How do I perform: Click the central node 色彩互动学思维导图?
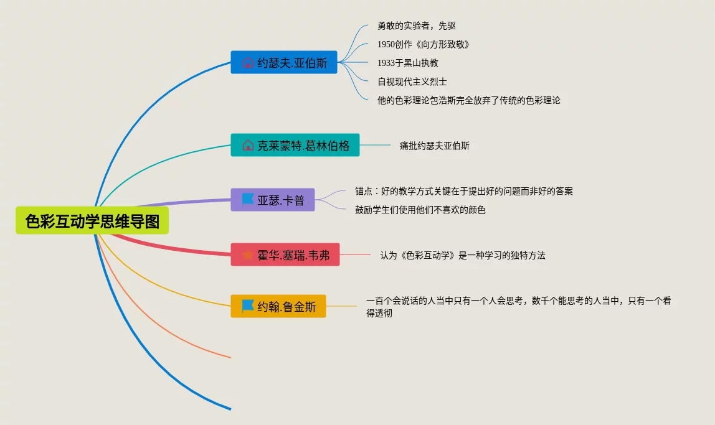92,222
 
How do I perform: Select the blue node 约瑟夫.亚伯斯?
284,62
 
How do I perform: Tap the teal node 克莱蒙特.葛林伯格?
295,145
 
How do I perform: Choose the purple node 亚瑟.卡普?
273,200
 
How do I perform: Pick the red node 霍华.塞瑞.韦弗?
285,255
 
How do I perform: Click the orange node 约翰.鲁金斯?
278,306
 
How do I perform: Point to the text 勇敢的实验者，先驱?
417,26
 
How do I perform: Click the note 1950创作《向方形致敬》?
424,44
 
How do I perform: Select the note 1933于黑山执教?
408,63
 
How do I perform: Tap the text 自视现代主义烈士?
412,82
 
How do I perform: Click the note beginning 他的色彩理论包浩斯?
468,100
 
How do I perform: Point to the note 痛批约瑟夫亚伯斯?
435,146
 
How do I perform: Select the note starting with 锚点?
464,191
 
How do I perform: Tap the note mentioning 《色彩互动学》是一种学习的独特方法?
463,255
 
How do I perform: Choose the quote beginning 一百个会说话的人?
518,307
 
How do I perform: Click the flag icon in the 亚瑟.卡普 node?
248,200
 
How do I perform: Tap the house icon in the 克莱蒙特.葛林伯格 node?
248,145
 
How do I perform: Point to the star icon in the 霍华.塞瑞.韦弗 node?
248,255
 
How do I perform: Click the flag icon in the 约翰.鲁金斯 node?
248,306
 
